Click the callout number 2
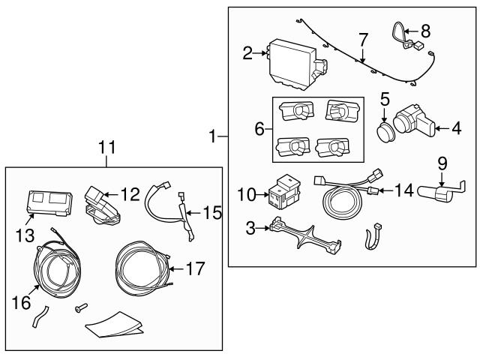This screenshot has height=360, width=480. click(247, 52)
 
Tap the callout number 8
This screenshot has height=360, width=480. click(426, 31)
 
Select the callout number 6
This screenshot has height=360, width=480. click(259, 129)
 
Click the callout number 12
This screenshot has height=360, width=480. click(130, 194)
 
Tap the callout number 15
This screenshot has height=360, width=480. click(211, 213)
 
